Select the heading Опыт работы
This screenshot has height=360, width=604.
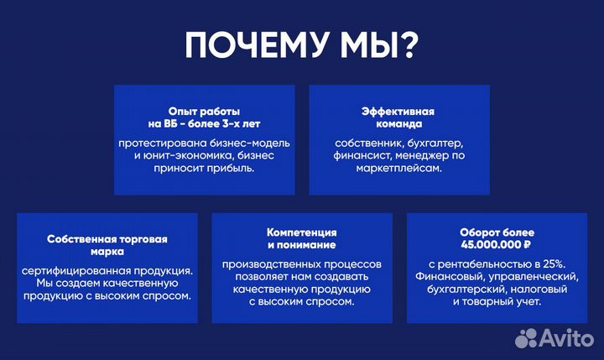coord(205,111)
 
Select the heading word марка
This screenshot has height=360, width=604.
coord(107,251)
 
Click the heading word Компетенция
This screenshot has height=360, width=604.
coord(302,232)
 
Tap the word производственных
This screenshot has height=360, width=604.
coord(272,264)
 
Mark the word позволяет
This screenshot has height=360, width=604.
coord(259,277)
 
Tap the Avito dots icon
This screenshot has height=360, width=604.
coord(527,337)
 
